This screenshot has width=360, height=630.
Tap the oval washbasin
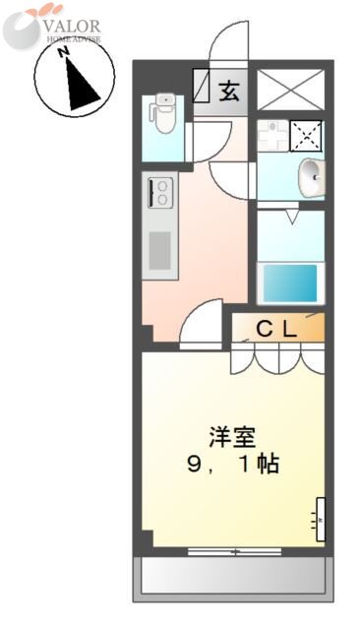tap(312, 177)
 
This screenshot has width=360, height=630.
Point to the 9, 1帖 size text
tap(233, 464)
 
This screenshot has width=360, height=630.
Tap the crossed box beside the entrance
tap(290, 92)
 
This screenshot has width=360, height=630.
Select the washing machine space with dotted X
tap(308, 133)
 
